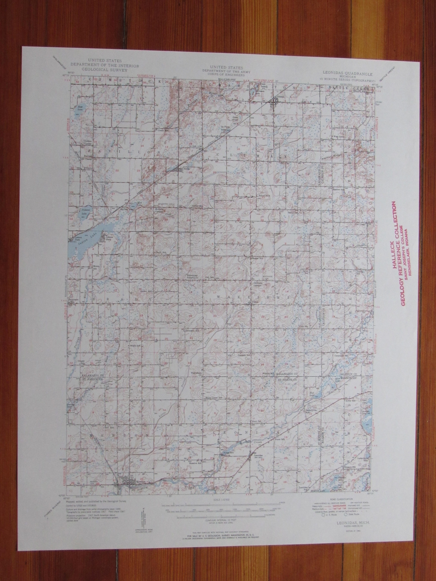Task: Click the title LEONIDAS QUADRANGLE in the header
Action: [341, 72]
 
